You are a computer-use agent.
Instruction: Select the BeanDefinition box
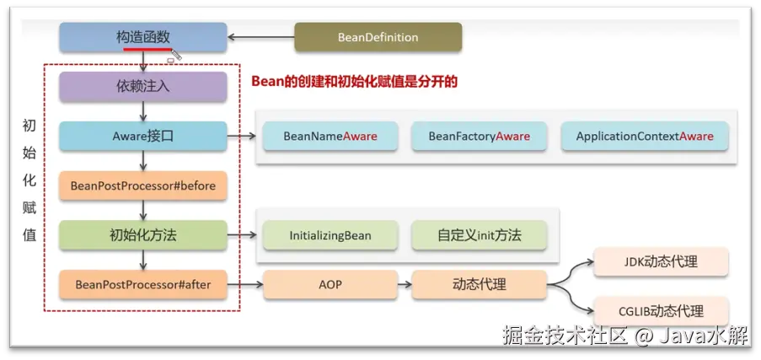coord(378,37)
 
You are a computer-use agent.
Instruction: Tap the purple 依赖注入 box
coord(142,86)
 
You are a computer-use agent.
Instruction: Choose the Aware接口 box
coord(142,136)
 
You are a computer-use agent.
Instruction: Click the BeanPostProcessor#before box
coord(142,185)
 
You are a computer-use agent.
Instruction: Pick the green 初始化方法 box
coord(142,235)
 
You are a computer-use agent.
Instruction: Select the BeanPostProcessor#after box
coord(142,285)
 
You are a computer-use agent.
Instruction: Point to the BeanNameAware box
coord(330,137)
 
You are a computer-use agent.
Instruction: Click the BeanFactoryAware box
coord(479,137)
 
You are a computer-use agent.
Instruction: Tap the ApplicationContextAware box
coord(644,137)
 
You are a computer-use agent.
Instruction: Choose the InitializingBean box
coord(330,235)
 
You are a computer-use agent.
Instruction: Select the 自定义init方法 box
coord(479,235)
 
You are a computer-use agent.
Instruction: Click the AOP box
coord(330,285)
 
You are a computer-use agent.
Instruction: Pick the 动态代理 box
coord(479,285)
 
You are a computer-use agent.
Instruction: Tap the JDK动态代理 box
coord(661,261)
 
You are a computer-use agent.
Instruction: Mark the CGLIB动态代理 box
coord(661,310)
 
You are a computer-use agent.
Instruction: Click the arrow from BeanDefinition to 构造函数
coord(260,37)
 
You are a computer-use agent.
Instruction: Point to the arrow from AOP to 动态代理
coord(404,285)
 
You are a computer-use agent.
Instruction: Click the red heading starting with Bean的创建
coord(354,82)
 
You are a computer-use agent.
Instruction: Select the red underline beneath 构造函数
coord(144,49)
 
